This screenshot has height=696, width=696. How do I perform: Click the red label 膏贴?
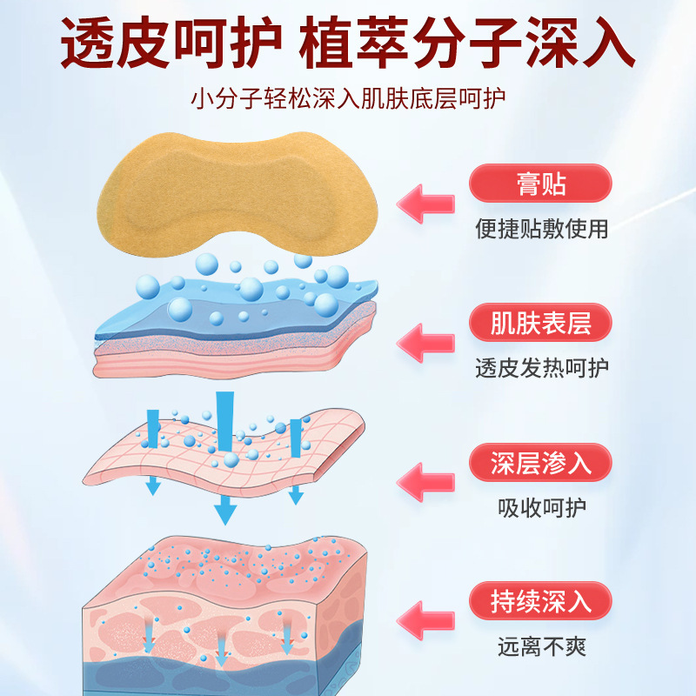point(540,184)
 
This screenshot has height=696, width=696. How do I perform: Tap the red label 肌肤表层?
point(540,324)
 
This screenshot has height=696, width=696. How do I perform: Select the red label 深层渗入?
point(540,463)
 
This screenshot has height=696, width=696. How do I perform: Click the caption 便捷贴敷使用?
point(541,229)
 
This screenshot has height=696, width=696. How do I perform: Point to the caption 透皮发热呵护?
point(541,368)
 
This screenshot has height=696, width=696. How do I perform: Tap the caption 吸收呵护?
point(541,507)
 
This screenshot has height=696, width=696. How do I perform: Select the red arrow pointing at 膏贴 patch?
point(426,203)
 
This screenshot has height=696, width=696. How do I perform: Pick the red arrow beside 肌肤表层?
point(426,342)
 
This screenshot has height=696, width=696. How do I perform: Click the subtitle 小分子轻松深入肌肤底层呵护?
point(348,97)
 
